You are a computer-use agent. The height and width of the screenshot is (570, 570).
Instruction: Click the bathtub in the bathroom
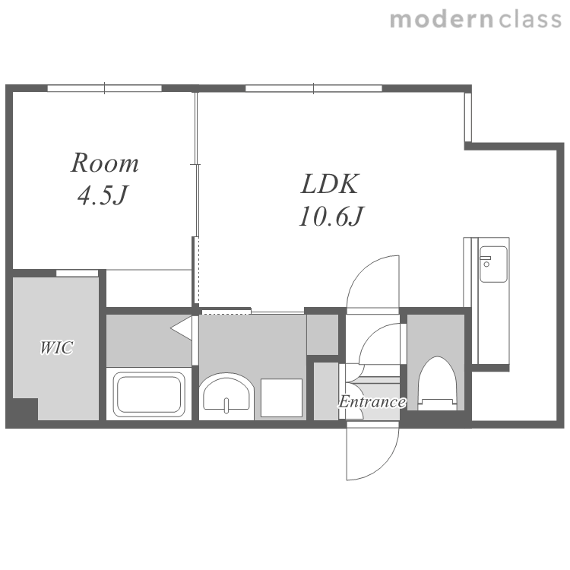point(149,394)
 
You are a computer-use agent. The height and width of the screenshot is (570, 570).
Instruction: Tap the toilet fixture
point(436,384)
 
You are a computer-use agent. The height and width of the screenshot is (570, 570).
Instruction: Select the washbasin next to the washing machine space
point(226,396)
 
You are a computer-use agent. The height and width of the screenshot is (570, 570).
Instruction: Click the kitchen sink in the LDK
point(493,264)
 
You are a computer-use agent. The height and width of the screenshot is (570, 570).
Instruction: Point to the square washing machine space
point(281,397)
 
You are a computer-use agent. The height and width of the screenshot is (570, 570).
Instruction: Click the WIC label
point(56,347)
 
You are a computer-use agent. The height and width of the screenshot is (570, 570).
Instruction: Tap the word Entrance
point(372,402)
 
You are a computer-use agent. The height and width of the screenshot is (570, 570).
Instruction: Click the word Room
point(104,163)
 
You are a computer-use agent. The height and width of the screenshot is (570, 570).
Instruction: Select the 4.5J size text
point(102,195)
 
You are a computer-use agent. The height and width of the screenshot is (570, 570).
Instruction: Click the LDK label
point(330,184)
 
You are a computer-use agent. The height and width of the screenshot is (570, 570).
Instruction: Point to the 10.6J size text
point(331,217)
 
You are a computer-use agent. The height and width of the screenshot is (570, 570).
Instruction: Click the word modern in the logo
point(442,20)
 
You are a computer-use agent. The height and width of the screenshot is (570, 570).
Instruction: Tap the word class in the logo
point(530,20)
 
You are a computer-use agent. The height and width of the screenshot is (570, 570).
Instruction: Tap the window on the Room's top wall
point(104,88)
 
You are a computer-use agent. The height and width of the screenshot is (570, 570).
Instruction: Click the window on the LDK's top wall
point(314,88)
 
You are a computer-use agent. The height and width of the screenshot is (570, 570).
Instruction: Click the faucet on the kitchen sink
point(486,261)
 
